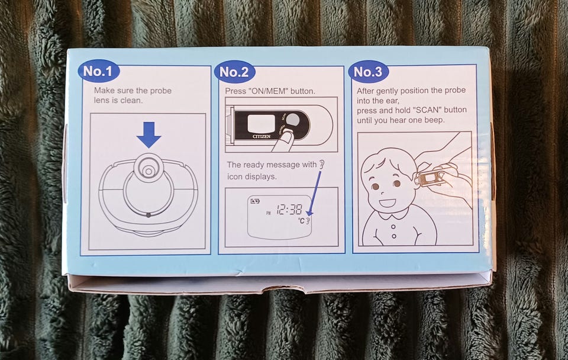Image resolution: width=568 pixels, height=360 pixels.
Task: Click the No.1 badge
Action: [99, 71]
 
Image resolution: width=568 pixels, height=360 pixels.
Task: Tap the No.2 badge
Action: [234, 72]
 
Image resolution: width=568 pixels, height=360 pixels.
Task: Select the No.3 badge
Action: [368, 72]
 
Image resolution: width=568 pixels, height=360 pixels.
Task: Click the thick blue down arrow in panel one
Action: [149, 134]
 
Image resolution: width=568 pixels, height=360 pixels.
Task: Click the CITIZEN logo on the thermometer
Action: [262, 136]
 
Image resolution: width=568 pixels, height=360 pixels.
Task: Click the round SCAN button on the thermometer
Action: [293, 120]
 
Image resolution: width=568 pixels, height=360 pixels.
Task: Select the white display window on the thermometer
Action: [261, 123]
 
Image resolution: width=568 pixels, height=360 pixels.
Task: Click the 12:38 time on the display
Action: [289, 209]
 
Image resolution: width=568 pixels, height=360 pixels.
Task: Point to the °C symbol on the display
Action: [301, 220]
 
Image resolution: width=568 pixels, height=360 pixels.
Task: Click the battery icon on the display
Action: [256, 201]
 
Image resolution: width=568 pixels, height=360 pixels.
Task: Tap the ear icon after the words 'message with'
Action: [321, 165]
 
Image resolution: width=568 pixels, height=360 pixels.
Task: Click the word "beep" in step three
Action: [434, 120]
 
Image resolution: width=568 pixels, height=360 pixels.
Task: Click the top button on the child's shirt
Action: [393, 227]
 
